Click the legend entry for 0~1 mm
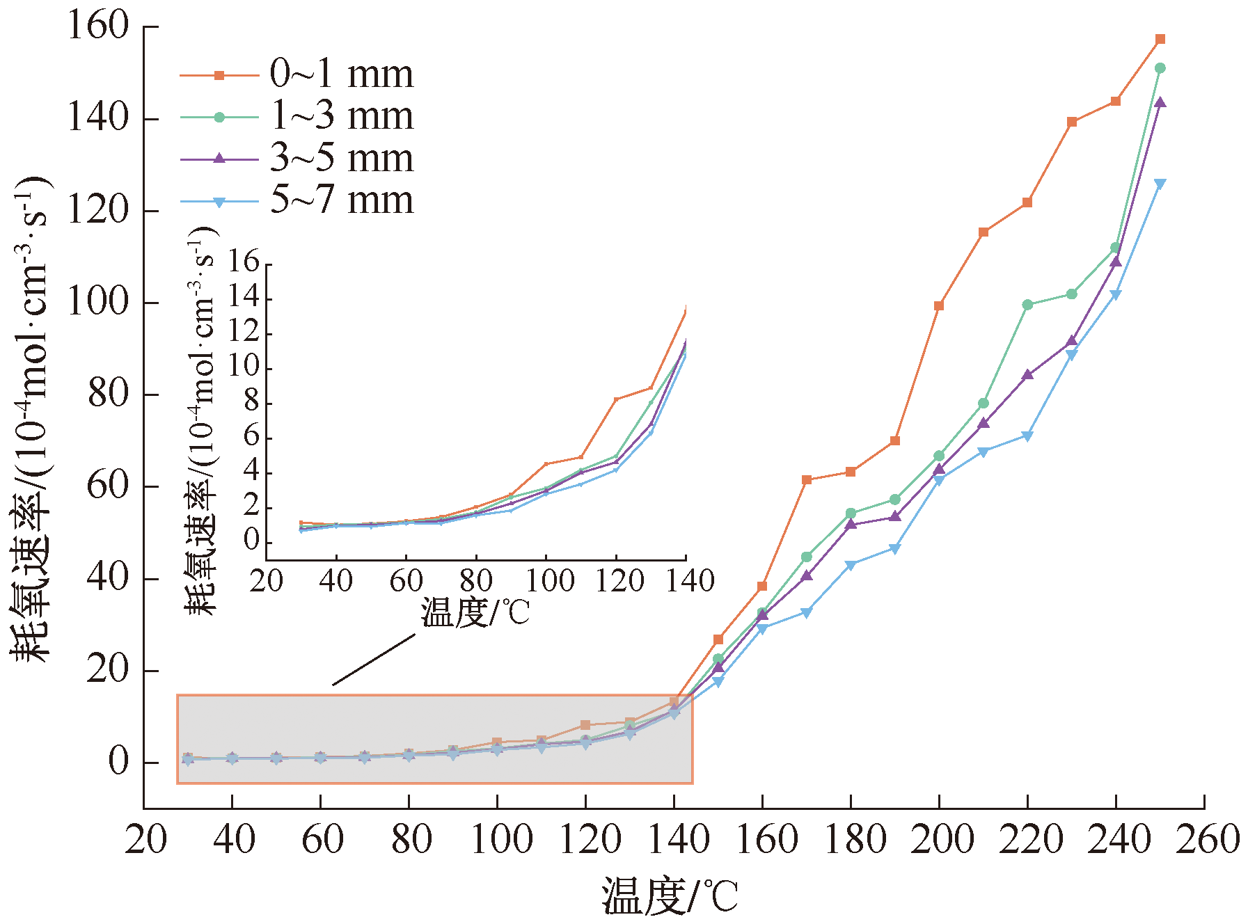[341, 74]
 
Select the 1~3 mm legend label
[341, 116]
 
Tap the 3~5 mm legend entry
[341, 159]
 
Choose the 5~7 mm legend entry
[341, 201]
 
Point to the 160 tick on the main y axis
[98, 26]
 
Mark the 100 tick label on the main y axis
[98, 303]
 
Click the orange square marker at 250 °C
[1160, 40]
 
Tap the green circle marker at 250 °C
[1160, 68]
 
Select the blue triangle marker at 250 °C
[1160, 184]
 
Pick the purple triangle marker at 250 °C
[1160, 103]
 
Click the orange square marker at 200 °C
[939, 305]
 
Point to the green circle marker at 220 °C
[1027, 305]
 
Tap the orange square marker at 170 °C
[806, 480]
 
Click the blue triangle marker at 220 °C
[1027, 436]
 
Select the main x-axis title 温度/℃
[669, 896]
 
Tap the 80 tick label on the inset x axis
[476, 581]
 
